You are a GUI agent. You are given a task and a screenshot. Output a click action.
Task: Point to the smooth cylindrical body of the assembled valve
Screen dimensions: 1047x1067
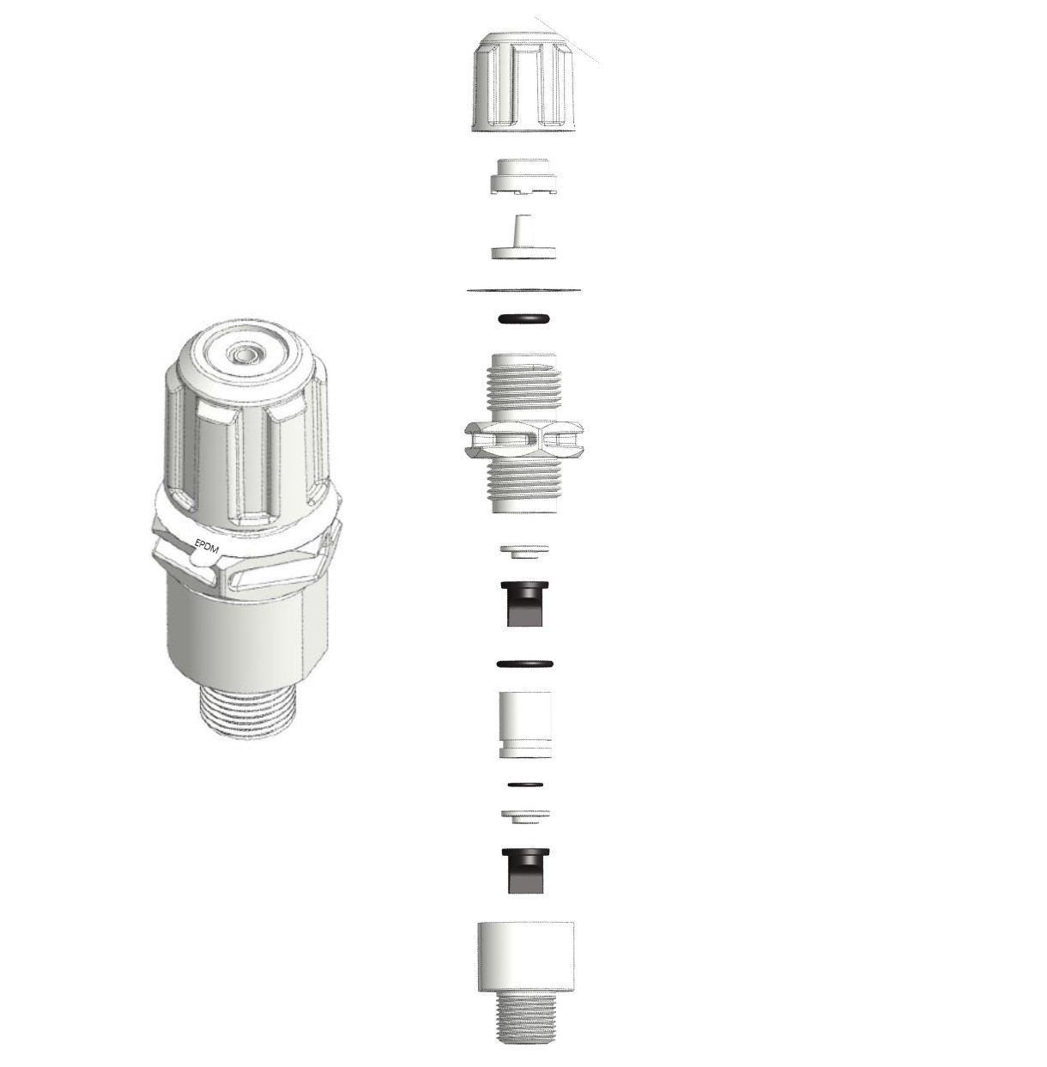(248, 637)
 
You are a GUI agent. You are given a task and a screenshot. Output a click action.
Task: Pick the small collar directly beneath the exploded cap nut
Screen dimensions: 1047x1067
(523, 177)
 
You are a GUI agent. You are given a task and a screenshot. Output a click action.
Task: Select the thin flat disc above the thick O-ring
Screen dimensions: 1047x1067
(523, 289)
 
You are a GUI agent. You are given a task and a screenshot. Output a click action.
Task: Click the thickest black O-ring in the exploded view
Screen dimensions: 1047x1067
(523, 319)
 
